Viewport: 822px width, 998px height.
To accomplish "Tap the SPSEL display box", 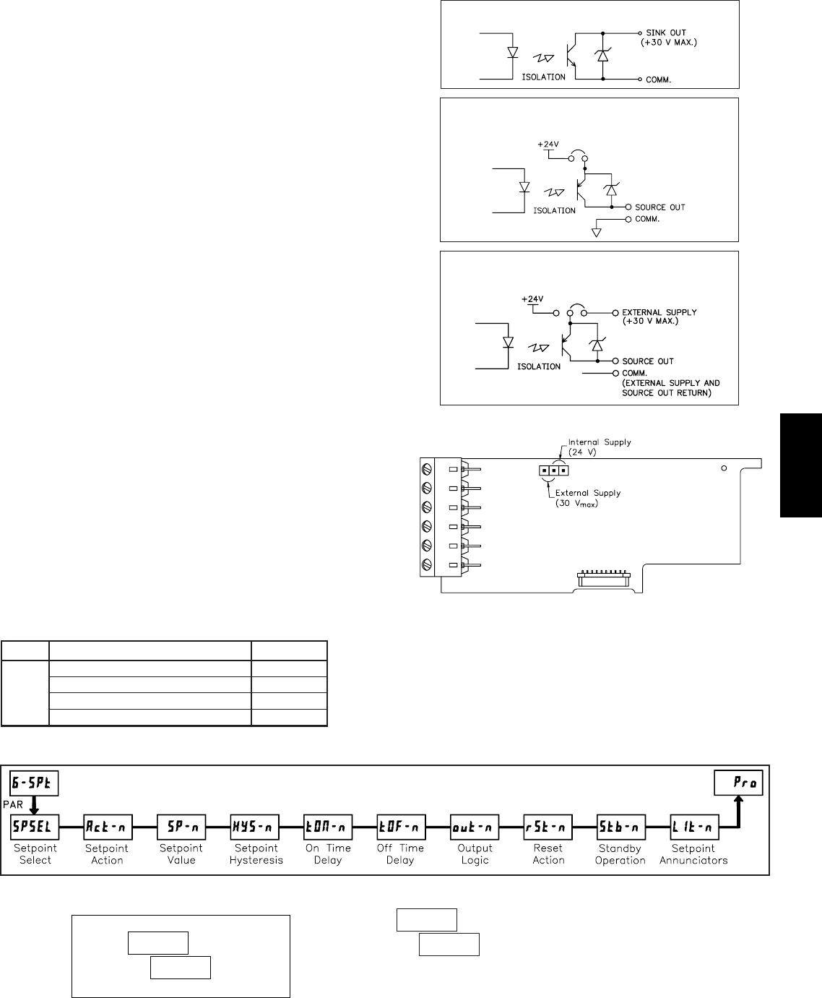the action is point(35,825).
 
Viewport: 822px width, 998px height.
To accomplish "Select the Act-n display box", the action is point(108,825).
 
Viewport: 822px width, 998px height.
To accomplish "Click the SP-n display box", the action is point(181,825).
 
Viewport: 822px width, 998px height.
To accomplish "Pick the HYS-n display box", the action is point(254,825).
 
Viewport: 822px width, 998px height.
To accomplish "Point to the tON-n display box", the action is point(328,825).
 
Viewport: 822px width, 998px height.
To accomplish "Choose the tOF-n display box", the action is point(402,825).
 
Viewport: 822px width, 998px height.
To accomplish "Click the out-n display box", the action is point(475,825).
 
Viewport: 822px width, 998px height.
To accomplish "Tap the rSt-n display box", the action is point(548,825).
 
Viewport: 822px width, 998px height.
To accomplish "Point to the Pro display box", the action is point(738,783).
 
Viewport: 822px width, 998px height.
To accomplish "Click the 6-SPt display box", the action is point(34,784).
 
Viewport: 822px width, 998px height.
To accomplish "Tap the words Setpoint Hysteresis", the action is point(255,854).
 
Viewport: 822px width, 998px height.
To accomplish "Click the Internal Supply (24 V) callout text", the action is point(600,447).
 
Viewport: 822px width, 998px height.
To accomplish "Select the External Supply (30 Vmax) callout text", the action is point(587,498).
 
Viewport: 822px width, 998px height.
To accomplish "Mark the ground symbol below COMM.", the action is point(597,232).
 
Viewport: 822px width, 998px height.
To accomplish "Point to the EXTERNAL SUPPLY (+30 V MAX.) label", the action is point(659,317).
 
